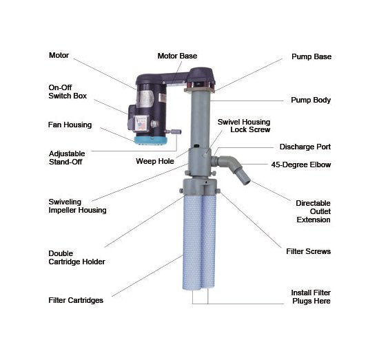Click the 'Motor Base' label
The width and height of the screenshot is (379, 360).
point(177,56)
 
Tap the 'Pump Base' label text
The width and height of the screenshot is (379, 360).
point(311,56)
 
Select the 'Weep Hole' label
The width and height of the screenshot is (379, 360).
point(155,161)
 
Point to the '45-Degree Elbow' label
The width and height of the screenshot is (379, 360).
point(301,165)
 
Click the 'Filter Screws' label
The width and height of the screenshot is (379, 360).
point(308,251)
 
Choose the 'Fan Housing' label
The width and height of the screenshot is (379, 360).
point(70,125)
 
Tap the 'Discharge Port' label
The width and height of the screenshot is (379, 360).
point(305,147)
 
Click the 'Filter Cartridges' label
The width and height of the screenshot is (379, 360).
point(76,300)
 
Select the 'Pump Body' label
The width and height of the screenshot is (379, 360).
point(311,100)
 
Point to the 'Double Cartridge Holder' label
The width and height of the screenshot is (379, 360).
point(76,257)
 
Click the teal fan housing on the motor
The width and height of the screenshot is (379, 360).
point(151,140)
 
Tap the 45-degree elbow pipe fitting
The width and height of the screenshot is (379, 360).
point(229,162)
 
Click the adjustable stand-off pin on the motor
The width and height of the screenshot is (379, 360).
point(173,131)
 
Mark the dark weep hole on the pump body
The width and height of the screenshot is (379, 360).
point(196,146)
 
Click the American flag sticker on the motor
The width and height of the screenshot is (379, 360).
point(142,126)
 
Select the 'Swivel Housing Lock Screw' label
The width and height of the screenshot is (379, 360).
point(244,126)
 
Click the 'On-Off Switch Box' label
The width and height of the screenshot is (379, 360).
point(68,92)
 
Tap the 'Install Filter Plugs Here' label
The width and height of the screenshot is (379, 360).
point(311,297)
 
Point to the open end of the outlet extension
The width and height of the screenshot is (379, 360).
point(247,182)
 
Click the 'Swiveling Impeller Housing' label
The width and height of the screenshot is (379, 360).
point(77,206)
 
